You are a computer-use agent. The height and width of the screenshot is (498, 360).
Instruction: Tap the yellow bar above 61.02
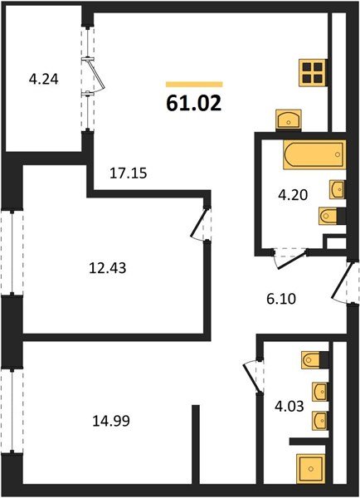click(x=194, y=84)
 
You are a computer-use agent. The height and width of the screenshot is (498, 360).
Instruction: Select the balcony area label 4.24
click(x=43, y=81)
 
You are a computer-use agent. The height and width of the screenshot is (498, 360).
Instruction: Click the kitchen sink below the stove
click(x=288, y=120)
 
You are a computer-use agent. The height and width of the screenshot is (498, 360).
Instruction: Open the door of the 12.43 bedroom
click(x=199, y=226)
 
